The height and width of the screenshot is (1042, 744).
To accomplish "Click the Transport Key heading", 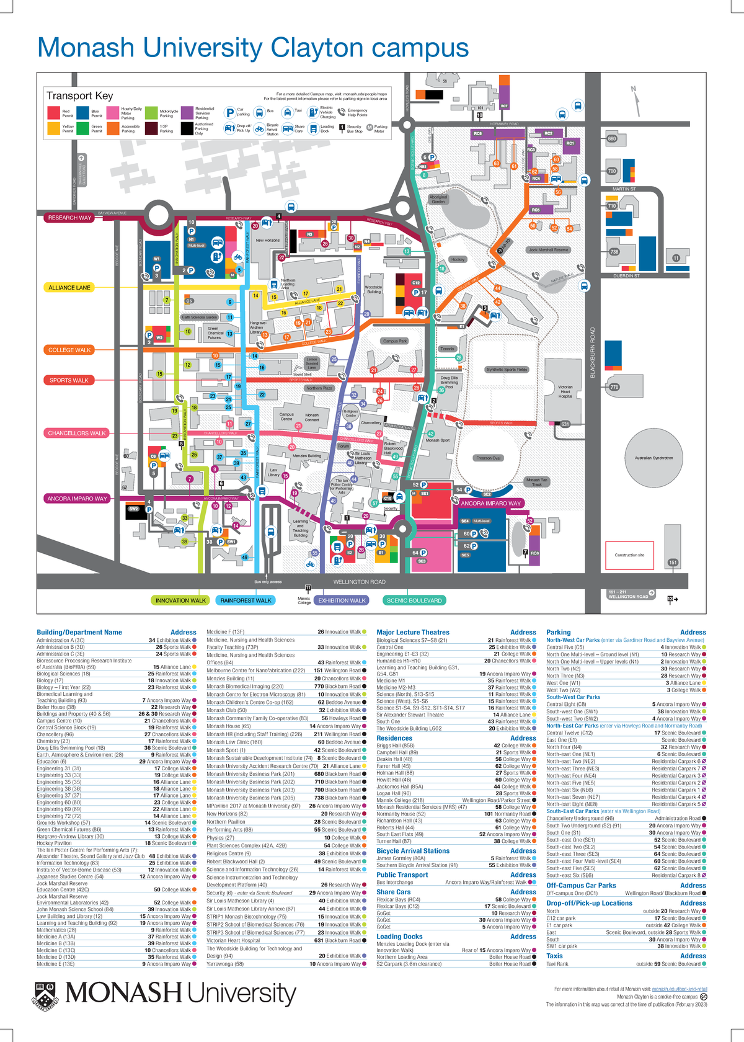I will (x=79, y=96).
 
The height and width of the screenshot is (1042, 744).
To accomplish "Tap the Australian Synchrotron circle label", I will (x=653, y=458).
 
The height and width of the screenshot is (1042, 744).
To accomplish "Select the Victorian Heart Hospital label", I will (x=565, y=391).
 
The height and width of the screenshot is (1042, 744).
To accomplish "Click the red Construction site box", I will (x=629, y=555).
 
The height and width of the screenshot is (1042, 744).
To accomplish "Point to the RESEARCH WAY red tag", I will (x=69, y=218).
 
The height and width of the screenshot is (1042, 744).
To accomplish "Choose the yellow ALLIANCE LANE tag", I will (x=69, y=288).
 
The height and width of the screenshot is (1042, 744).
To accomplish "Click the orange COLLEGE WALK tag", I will (x=69, y=350).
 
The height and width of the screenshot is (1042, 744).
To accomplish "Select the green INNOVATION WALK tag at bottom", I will (x=180, y=600).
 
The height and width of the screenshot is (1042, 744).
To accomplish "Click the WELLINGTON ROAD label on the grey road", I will (x=359, y=582).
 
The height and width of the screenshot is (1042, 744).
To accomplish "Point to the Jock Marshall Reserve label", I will (x=548, y=250).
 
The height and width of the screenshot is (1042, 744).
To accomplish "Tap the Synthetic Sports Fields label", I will (x=507, y=370).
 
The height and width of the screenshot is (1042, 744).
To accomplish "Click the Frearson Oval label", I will (x=488, y=458).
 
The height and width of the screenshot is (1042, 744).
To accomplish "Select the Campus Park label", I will (x=395, y=341).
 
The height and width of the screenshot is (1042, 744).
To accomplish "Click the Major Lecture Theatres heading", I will (x=413, y=633).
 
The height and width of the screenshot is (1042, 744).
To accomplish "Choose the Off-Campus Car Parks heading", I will (x=581, y=886).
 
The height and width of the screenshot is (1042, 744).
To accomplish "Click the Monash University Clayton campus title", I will (x=253, y=48).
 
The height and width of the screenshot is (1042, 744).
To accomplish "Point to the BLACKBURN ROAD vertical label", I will (x=593, y=352).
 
